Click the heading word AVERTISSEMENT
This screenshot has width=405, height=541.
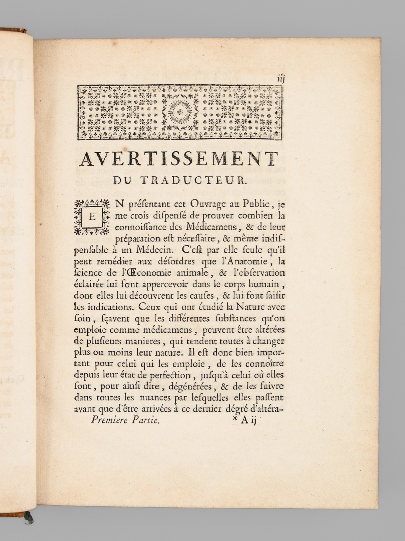click(179, 159)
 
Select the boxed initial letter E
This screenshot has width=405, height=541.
click(92, 217)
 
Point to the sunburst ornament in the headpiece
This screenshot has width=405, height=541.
click(180, 111)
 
